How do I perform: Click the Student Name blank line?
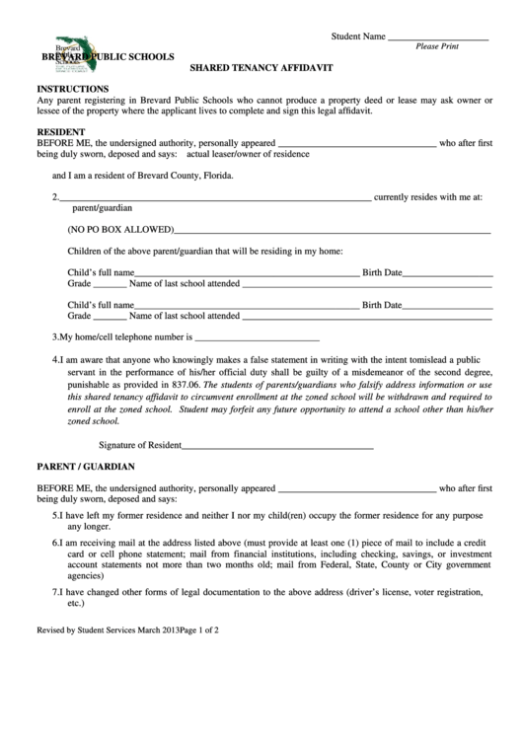(438, 37)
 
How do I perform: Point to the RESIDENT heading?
(61, 131)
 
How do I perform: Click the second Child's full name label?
(100, 305)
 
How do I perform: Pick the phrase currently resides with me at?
(428, 197)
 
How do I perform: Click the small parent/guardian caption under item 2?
(103, 208)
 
